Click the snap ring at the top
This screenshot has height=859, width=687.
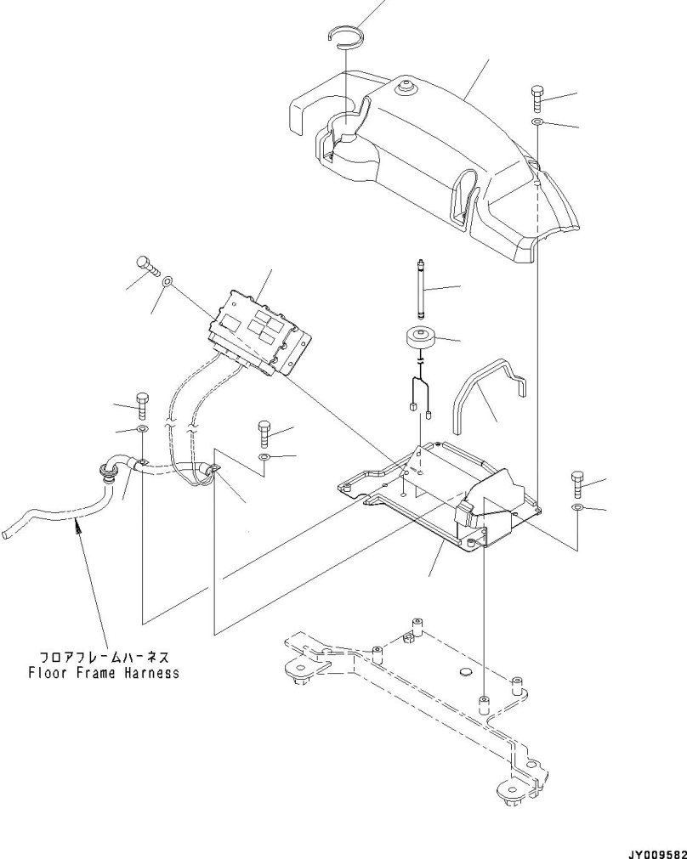click(346, 35)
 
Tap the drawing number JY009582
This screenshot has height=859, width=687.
click(656, 851)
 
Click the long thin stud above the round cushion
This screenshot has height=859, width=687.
click(420, 288)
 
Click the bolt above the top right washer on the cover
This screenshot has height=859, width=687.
click(538, 99)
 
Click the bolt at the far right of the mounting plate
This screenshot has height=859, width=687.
click(578, 484)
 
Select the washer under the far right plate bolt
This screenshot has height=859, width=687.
click(578, 507)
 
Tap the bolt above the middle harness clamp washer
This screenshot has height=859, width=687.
click(264, 436)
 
